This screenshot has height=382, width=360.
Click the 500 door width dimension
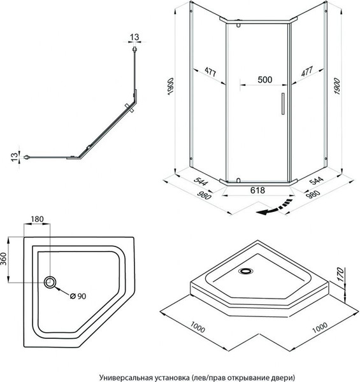click(265, 80)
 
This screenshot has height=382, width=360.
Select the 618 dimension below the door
click(257, 190)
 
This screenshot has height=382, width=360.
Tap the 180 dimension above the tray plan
click(37, 219)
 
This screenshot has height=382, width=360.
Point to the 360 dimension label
click(3, 259)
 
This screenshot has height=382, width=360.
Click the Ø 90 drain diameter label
click(78, 296)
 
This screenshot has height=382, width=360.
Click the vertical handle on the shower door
click(283, 104)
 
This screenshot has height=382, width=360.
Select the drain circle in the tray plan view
click(50, 282)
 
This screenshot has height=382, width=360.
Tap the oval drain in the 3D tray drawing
click(245, 271)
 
